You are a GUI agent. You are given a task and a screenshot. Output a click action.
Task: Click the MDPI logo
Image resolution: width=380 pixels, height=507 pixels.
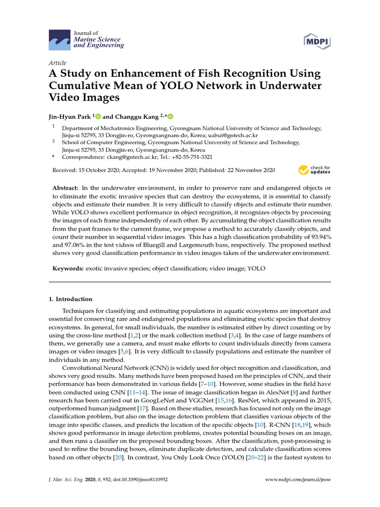(x=316, y=40)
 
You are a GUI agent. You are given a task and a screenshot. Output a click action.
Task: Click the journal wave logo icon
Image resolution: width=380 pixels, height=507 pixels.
(x=60, y=40)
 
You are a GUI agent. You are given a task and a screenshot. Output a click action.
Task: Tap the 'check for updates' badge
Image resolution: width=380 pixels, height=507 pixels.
(x=314, y=170)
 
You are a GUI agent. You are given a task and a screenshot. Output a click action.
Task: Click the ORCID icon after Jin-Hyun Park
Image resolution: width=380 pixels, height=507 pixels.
(x=98, y=117)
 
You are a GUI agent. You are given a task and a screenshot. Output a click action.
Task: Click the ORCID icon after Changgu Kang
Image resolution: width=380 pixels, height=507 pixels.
(x=171, y=117)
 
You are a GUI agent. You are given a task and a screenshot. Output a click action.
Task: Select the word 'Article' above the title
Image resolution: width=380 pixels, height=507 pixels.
(x=58, y=63)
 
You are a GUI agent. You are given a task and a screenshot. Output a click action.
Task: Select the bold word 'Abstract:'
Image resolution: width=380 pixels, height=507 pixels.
(x=65, y=189)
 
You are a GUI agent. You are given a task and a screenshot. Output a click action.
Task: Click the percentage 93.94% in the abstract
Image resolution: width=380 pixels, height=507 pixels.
(x=319, y=237)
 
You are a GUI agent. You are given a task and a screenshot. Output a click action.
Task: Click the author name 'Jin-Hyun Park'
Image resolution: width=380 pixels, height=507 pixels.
(x=69, y=117)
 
